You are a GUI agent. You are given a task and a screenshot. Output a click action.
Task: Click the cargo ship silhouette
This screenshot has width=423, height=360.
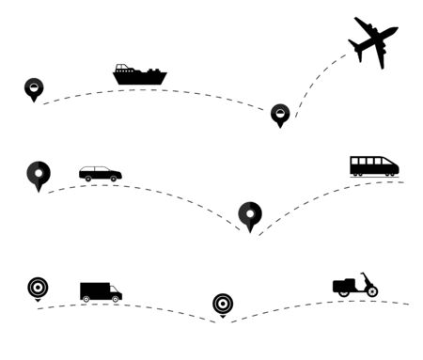click(139, 75)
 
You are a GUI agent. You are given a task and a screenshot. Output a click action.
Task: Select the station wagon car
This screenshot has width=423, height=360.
click(100, 174)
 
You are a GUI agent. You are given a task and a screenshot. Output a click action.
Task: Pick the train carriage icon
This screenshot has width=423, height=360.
click(374, 166)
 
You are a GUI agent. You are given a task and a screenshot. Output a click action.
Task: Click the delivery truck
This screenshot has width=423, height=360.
click(101, 292)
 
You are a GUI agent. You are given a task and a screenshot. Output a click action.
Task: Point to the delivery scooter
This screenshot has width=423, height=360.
click(355, 286)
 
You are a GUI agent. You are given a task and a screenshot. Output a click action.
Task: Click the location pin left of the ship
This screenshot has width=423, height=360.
click(34, 88)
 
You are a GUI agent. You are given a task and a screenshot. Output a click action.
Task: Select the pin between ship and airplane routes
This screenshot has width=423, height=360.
click(279, 114)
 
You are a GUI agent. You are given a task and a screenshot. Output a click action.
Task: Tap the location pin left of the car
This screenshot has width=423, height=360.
click(39, 174)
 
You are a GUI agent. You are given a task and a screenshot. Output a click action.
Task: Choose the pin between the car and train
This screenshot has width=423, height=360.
click(250, 214)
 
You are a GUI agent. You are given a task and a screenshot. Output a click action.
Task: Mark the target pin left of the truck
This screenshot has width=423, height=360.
click(38, 288)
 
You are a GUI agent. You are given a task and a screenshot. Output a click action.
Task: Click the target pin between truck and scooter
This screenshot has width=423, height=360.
click(223, 304)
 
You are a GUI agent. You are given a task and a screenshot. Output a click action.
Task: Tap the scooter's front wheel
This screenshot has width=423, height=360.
click(372, 291)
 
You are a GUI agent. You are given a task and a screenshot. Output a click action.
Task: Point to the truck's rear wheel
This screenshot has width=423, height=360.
click(86, 299)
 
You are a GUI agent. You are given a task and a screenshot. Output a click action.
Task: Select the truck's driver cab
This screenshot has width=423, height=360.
click(115, 292)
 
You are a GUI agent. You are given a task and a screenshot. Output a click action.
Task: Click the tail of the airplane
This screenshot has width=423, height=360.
click(359, 23)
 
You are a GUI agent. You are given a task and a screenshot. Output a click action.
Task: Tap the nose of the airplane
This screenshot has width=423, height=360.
click(394, 30)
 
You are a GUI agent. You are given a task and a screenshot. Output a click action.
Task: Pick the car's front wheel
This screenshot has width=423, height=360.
click(114, 179)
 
